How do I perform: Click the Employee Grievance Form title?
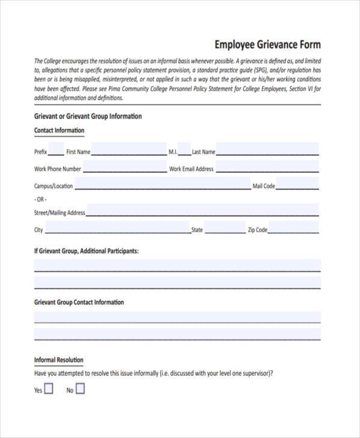coord(268,45)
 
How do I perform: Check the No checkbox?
coord(80,389)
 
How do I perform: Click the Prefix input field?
coord(56,150)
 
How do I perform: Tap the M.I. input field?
coord(184,150)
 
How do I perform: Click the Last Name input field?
coord(268,150)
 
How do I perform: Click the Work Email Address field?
coord(267,167)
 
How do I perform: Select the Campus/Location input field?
coord(163,184)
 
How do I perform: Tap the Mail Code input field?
coord(298,184)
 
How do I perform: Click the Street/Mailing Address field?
coord(203,211)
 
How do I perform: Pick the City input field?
coord(118,228)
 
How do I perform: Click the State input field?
coord(225,228)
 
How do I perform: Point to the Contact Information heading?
coord(59,130)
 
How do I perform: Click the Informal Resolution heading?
coord(59,360)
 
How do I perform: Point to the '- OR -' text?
coord(40,199)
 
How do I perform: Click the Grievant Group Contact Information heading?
coord(79,302)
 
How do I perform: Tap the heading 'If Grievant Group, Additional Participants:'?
coord(86,251)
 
